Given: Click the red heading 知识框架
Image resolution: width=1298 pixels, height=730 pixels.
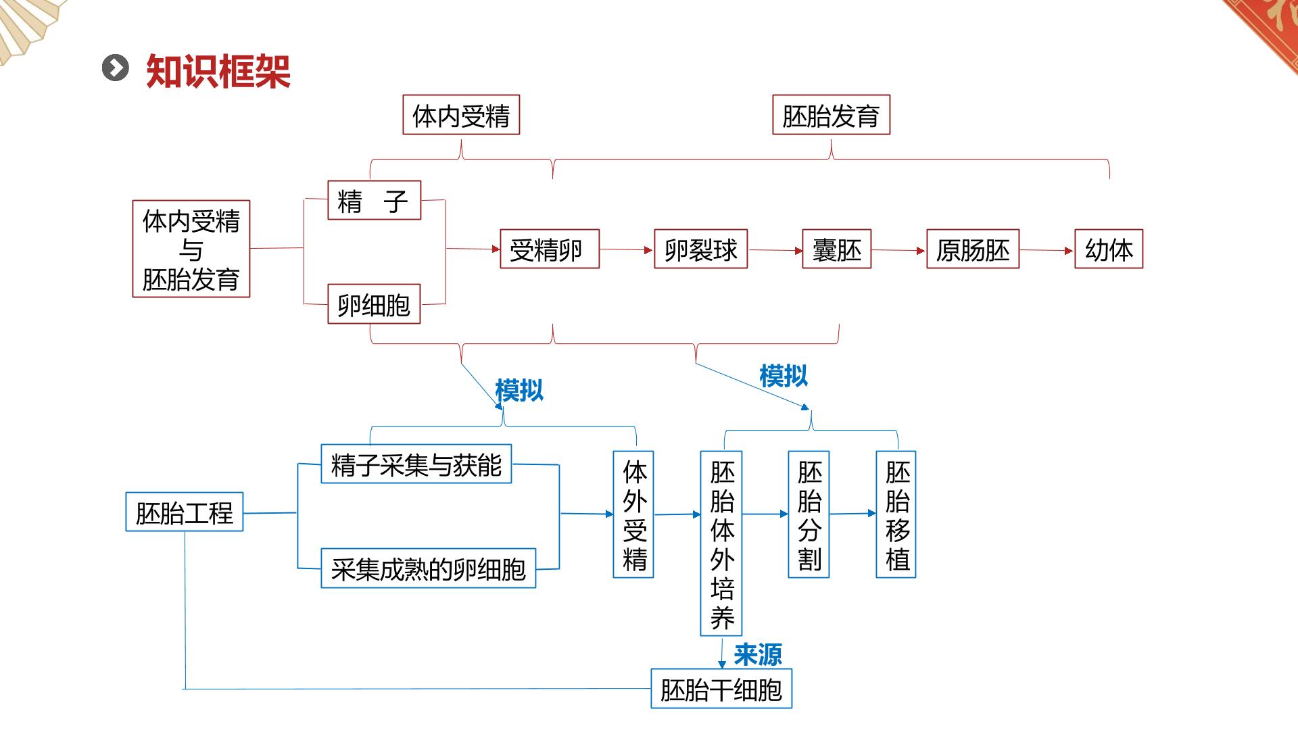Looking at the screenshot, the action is coord(218,71).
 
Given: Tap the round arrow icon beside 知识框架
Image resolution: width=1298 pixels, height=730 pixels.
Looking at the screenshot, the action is coord(116,68).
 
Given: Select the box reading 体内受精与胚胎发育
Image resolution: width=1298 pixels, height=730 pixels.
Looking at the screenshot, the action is coord(191,249).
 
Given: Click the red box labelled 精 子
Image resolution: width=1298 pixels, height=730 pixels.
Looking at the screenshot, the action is coord(374,200).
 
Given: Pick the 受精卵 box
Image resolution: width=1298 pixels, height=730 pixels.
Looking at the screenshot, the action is coord(550,249).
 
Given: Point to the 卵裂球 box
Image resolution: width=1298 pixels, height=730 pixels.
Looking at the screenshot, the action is coord(700,249).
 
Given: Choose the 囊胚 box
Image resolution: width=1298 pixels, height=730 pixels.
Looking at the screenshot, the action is coord(836,249).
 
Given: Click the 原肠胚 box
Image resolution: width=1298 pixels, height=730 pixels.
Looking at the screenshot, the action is coord(972,249).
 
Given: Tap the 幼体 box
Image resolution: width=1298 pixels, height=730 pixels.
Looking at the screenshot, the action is coord(1109,249).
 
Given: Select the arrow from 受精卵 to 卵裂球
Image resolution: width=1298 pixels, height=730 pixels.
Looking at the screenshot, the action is coord(627,249).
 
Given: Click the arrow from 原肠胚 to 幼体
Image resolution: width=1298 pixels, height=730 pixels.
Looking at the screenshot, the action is coord(1047,250).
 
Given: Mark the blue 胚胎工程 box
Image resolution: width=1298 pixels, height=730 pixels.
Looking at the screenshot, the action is coord(184,512).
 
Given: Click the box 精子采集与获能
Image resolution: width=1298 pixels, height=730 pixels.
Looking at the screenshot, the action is coord(416,464).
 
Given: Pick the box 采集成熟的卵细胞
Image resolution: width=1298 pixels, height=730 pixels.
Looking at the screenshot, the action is coord(428,568).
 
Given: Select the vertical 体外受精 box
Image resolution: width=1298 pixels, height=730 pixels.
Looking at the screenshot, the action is coord(633,514).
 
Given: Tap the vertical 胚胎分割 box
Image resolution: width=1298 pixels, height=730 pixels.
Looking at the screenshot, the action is coord(809,514).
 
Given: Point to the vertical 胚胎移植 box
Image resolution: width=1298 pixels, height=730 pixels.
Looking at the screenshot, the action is coord(896,514).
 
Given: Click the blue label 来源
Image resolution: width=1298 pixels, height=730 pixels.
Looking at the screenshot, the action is coord(758,654).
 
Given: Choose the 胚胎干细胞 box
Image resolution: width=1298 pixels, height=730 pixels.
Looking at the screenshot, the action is coord(721,689).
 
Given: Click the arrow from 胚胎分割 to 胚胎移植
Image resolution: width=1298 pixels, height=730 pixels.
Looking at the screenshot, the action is coord(852,514).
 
